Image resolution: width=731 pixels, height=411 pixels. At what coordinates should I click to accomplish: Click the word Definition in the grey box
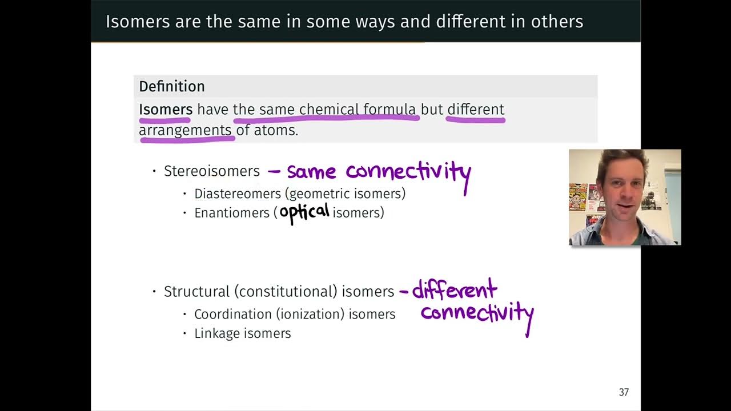(171, 87)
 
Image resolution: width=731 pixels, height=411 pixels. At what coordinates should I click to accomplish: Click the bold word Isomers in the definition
(166, 109)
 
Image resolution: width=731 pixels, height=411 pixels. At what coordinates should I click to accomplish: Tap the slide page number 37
(624, 392)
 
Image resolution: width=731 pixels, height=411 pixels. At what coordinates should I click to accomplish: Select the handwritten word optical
(304, 212)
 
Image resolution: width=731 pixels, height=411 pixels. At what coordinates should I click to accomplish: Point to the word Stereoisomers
(211, 171)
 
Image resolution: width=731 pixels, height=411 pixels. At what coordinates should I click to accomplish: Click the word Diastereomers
(238, 194)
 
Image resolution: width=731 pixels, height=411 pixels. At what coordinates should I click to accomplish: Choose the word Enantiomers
(231, 213)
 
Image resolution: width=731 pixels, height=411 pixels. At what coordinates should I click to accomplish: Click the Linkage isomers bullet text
(242, 333)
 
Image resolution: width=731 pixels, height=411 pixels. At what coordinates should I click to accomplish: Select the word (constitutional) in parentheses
(286, 292)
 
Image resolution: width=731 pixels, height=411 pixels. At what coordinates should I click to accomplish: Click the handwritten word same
(311, 172)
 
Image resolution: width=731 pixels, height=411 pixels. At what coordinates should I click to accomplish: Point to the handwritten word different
(454, 290)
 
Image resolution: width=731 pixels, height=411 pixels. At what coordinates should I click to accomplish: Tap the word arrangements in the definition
(185, 130)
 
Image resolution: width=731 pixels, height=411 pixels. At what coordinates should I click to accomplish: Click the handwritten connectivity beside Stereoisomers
(408, 172)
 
